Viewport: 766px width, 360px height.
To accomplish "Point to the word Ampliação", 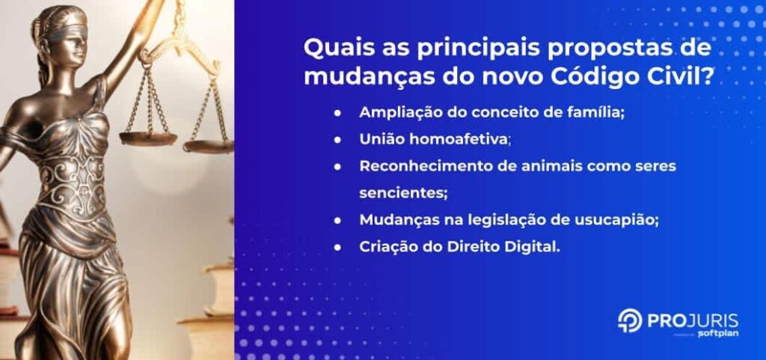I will [397, 112].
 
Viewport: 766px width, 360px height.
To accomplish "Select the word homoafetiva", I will [460, 139].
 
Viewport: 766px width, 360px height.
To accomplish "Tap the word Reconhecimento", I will [418, 166].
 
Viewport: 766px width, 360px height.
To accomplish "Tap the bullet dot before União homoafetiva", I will [338, 139].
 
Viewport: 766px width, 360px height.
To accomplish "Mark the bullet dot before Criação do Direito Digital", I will [338, 247].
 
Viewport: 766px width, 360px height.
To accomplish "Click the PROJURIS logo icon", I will [629, 320].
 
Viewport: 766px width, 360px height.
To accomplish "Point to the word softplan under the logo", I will [698, 334].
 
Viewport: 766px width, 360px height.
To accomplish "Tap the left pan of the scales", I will [147, 138].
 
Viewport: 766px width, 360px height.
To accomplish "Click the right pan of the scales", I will [209, 146].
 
